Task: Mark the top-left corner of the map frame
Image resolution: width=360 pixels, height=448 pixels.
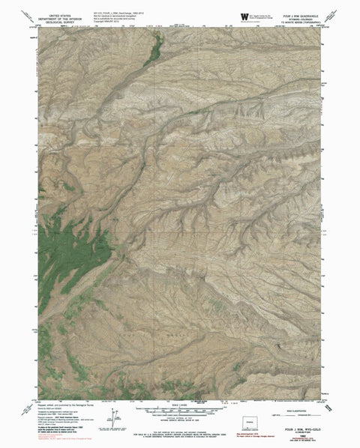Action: point(37,26)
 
